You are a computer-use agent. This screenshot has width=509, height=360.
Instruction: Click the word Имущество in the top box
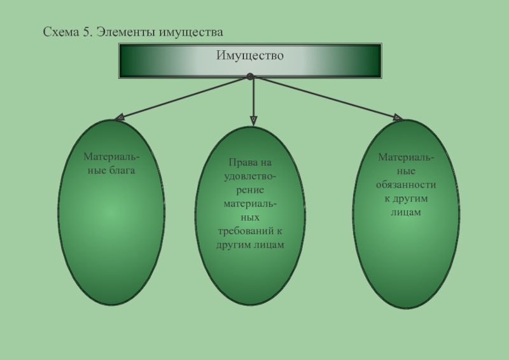tap(249, 56)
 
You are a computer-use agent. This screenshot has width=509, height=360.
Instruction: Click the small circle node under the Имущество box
tap(250, 77)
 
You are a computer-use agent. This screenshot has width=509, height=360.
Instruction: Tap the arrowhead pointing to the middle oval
tap(253, 120)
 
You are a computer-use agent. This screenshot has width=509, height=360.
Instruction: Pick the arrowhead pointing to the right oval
tap(397, 118)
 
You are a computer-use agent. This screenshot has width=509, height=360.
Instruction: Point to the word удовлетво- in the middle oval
tap(250, 176)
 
